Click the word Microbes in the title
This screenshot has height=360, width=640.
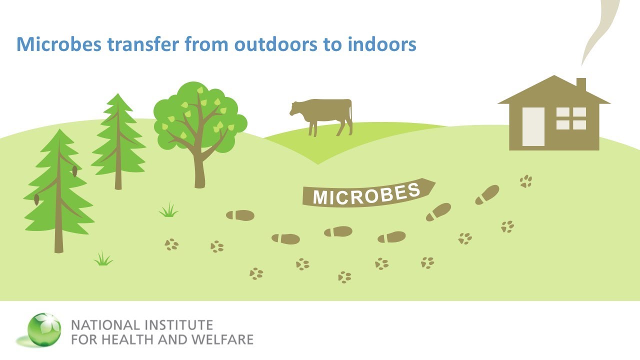tap(59, 44)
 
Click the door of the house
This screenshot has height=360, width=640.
tap(533, 126)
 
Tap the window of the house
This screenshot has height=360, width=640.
tap(571, 118)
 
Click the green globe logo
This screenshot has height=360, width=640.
tap(44, 329)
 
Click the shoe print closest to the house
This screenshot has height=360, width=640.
tap(487, 194)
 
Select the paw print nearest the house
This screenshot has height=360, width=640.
tap(525, 181)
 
